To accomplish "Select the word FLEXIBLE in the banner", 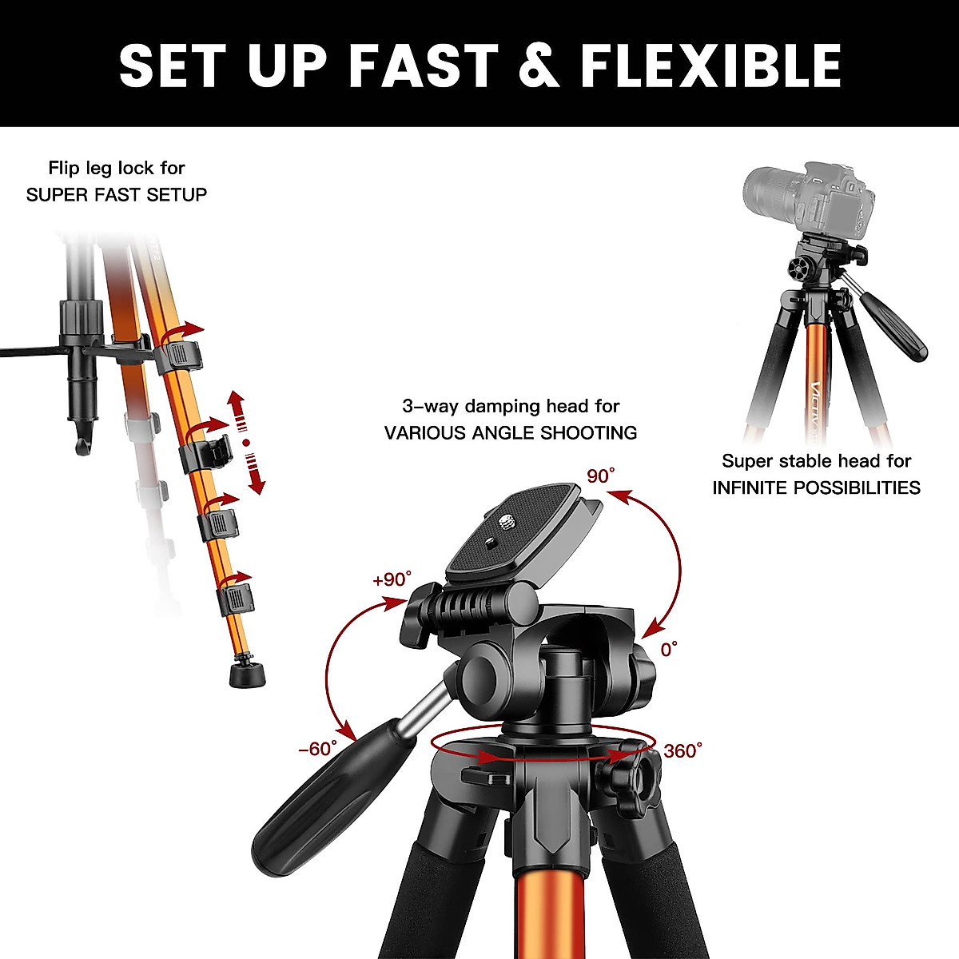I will (x=710, y=66).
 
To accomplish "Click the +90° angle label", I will (x=392, y=579).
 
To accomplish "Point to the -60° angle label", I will (x=317, y=749).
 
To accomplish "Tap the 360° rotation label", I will (x=683, y=750).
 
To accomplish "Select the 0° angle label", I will (x=669, y=648).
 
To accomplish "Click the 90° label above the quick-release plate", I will (x=601, y=476).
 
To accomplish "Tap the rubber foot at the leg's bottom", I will (x=247, y=673).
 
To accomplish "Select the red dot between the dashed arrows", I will (x=246, y=441).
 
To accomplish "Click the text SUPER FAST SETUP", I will (x=117, y=194).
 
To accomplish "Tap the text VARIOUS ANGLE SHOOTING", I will (x=511, y=433).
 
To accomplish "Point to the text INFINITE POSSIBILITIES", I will (x=816, y=487).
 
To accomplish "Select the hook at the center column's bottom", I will (x=82, y=445).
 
